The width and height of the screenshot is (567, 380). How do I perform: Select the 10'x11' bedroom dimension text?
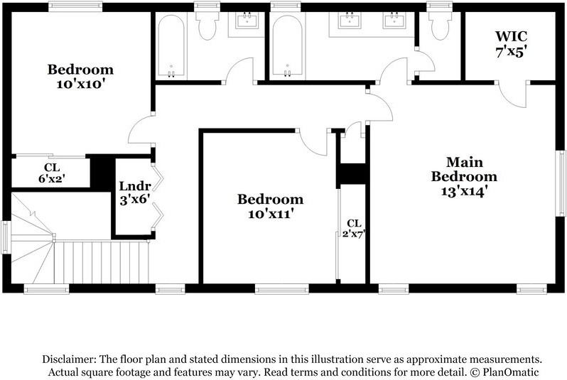(270, 213)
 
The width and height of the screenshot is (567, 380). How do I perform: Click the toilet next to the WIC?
(438, 25)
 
